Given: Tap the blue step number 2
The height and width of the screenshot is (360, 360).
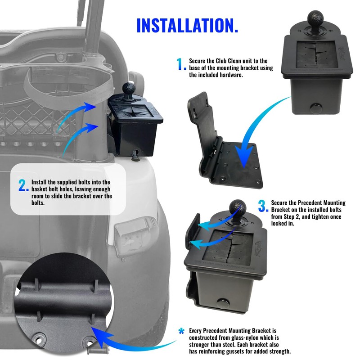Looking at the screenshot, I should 23,185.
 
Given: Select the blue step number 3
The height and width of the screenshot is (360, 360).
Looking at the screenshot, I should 263,207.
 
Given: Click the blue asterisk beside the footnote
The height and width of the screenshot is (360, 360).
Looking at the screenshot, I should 181,331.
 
